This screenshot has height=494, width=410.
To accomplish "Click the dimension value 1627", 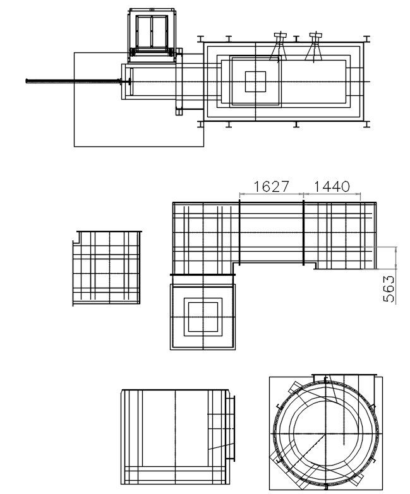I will coord(271,186).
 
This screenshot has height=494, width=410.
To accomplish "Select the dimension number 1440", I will coord(332,186).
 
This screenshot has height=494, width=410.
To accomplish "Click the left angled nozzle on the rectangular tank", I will coord(278,46).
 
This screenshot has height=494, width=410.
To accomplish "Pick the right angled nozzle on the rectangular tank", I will coord(313,46).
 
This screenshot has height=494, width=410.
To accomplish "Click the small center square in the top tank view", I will coord(255,81).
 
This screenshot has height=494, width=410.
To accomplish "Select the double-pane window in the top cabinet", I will coord(151,32).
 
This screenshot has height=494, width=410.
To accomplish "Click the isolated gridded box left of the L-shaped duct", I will coord(106,268).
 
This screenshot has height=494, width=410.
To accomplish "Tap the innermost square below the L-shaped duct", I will coord(202,316).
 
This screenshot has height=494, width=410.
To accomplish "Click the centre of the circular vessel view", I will coord(325,434).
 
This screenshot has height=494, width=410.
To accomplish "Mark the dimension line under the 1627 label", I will coord(271,194).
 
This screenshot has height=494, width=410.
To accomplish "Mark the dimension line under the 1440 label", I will coord(332,194).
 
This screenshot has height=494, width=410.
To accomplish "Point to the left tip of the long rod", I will coord(27,81).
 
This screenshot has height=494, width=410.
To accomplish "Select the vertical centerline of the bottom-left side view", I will coord(175,435).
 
